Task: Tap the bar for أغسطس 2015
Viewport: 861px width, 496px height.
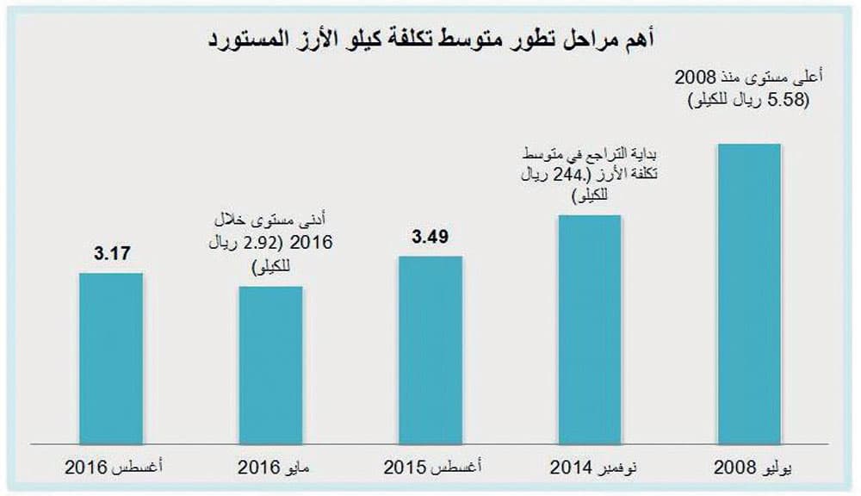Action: (430, 349)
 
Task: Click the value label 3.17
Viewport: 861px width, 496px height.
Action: (110, 254)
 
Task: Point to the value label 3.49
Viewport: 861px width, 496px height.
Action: (430, 236)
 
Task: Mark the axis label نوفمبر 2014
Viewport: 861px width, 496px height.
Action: (591, 468)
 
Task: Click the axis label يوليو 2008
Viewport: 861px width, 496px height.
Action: (749, 468)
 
